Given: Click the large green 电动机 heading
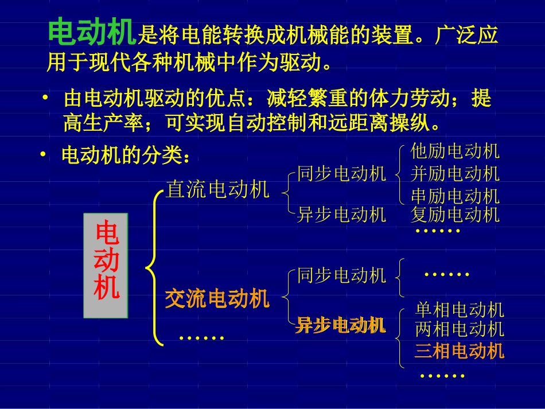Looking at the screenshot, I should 92,33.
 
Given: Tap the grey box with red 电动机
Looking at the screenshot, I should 106,266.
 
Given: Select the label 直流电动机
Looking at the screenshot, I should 217,189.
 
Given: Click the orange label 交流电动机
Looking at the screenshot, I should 217,298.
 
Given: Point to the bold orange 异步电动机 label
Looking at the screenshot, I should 341,325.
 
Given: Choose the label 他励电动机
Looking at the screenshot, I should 455,151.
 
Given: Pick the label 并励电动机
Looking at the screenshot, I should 455,173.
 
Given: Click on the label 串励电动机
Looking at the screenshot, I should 455,196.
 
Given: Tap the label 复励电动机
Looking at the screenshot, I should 455,215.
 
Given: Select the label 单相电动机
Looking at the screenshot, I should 459,310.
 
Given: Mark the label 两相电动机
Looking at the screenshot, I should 459,329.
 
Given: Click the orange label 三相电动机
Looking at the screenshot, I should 459,350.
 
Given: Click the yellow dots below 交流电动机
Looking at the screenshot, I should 201,337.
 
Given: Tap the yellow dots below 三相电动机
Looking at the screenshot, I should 442,376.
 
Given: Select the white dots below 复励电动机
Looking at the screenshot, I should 438,231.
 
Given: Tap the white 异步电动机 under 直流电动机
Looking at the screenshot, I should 341,215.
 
